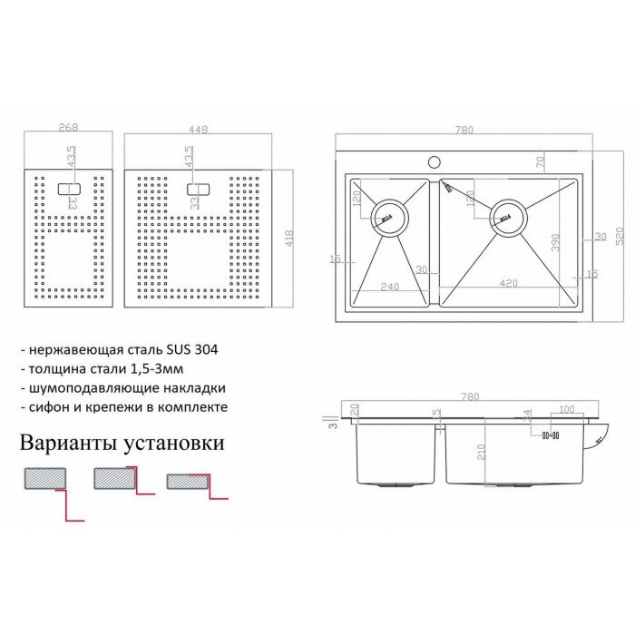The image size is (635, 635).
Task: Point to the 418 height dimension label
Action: [x=289, y=239]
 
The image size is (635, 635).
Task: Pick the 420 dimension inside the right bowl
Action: [x=509, y=284]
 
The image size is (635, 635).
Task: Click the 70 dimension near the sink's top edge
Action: [x=540, y=162]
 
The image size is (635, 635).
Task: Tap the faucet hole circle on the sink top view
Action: [x=435, y=162]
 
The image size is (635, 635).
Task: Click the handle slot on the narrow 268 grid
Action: [x=69, y=190]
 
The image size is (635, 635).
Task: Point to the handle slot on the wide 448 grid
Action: [x=199, y=190]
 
